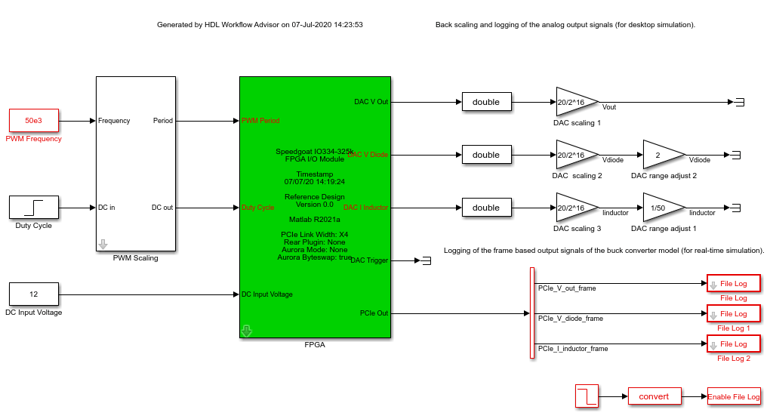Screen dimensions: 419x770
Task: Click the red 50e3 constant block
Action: point(34,120)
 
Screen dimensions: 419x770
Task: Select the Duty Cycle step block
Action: point(34,207)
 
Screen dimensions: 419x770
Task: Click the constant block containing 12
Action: point(34,294)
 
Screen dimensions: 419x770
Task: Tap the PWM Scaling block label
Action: point(135,258)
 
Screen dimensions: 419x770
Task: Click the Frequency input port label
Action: point(114,121)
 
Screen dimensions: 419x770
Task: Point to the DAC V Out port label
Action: point(371,102)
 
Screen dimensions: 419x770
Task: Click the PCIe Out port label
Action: point(374,313)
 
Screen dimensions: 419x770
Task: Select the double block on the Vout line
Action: point(486,102)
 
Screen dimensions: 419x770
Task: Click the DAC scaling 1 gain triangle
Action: point(574,102)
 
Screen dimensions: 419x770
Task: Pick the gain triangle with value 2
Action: point(661,155)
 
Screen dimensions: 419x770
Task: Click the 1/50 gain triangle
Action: point(661,208)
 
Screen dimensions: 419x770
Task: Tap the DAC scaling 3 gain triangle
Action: point(574,208)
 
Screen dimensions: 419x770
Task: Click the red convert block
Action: point(654,396)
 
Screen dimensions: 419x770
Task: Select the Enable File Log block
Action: point(734,396)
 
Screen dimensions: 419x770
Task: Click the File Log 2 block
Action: point(733,344)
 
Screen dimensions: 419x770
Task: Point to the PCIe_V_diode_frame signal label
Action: point(570,319)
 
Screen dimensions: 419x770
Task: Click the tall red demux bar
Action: point(531,313)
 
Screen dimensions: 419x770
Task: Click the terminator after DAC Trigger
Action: point(426,260)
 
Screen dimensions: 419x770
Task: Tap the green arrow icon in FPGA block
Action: point(246,331)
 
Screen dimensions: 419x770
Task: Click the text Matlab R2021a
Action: point(315,220)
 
